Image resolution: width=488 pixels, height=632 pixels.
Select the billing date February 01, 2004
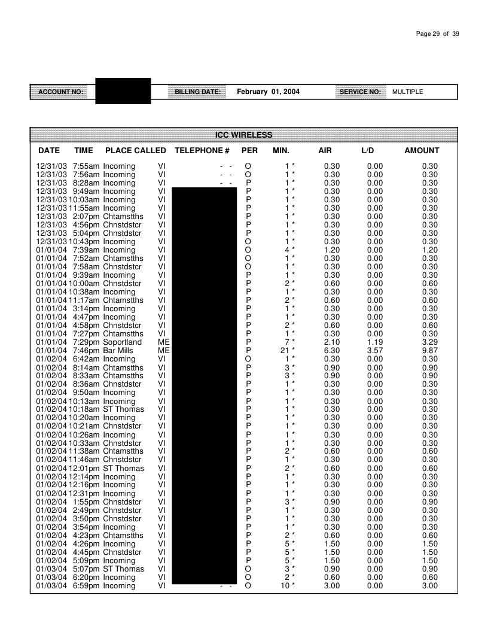tap(269, 92)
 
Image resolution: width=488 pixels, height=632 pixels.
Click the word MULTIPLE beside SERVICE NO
tap(407, 92)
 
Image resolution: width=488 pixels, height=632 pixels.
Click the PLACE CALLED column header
tap(135, 151)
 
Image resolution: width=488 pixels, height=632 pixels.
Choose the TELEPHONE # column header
tap(202, 151)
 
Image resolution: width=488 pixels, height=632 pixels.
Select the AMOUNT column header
tap(422, 151)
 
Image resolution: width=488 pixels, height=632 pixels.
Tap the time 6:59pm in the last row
tap(86, 585)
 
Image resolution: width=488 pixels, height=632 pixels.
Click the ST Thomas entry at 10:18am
tap(123, 409)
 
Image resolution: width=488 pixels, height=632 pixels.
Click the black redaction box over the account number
tap(123, 91)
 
